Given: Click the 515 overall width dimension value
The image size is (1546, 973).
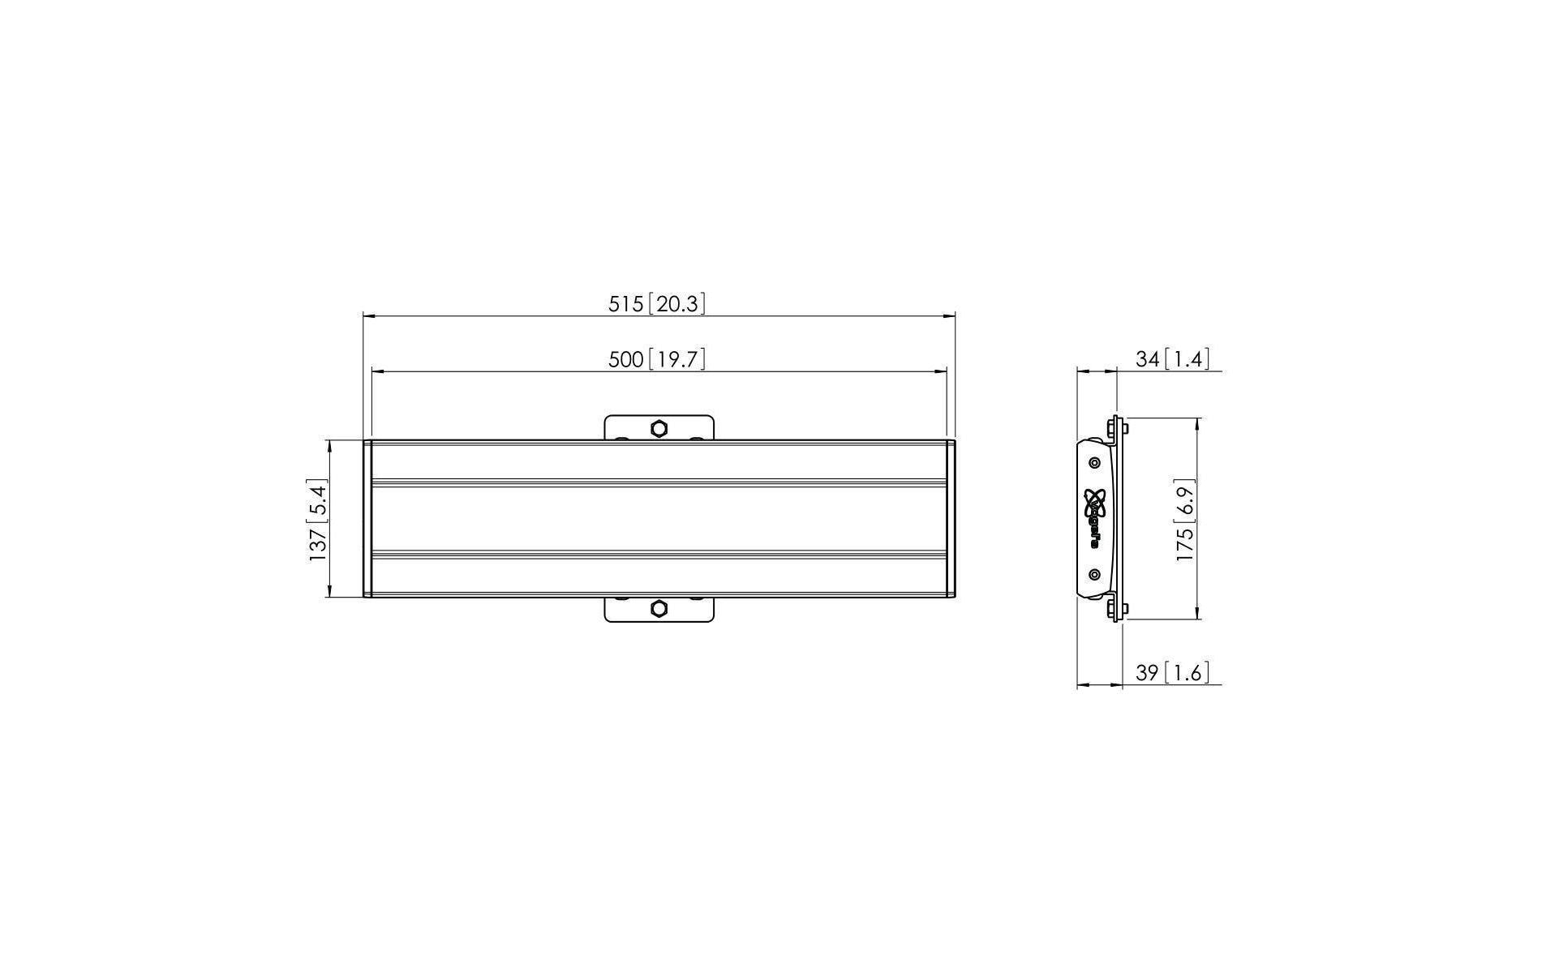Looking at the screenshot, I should (x=625, y=304).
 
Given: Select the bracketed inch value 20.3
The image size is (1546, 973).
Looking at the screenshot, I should (x=676, y=304).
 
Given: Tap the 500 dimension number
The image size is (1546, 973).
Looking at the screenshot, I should (x=625, y=359).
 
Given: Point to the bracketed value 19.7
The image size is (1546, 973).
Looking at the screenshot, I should (x=676, y=359).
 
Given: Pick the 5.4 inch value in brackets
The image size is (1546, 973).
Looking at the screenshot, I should (x=317, y=498).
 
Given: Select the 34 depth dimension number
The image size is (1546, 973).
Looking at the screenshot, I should (x=1147, y=359).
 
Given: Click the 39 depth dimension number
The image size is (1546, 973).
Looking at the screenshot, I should (x=1147, y=673).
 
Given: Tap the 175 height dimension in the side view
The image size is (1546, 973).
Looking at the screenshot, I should (x=1185, y=545).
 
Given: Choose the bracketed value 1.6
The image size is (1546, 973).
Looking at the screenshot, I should (x=1186, y=673).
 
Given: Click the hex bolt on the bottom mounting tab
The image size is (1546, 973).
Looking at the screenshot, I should (x=659, y=608).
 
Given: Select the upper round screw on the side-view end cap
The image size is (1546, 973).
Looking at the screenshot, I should (x=1095, y=462).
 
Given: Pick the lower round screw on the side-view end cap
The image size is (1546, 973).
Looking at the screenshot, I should (x=1095, y=575).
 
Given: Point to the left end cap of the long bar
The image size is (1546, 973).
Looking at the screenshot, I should (x=367, y=519).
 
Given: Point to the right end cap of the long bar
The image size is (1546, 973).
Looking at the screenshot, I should (x=951, y=519).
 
